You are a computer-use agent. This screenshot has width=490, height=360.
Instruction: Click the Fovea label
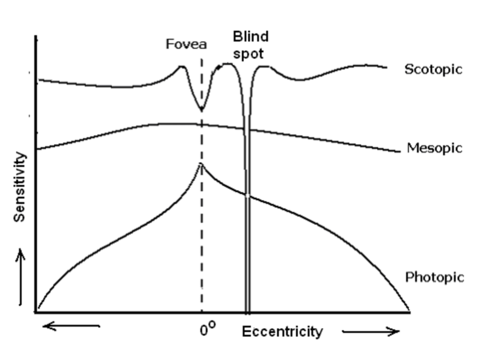tap(186, 44)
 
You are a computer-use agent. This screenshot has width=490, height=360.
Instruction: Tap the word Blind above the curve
tap(250, 37)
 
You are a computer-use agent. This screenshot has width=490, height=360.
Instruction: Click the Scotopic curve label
tap(434, 69)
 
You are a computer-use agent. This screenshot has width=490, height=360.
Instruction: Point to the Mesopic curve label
tap(434, 148)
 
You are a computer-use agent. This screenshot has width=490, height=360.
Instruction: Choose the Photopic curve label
tap(434, 277)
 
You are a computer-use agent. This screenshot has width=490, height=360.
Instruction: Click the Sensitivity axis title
tap(21, 187)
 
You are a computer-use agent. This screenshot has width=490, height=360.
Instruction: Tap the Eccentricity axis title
tap(282, 332)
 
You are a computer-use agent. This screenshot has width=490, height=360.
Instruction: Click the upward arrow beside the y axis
tap(21, 277)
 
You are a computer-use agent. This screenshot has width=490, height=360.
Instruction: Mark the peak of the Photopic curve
tap(201, 164)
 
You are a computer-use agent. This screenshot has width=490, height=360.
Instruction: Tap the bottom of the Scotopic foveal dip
tap(201, 110)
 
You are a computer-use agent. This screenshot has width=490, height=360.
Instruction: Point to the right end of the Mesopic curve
tap(398, 152)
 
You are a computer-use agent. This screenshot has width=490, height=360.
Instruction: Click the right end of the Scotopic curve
tap(386, 67)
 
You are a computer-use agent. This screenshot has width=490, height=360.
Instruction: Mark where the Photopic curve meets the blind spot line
tap(247, 197)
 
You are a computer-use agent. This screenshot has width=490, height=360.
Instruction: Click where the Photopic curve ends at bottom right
tap(409, 310)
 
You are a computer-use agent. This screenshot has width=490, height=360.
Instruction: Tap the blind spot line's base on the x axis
tap(247, 312)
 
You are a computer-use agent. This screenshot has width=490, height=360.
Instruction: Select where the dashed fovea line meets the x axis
tap(201, 312)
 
